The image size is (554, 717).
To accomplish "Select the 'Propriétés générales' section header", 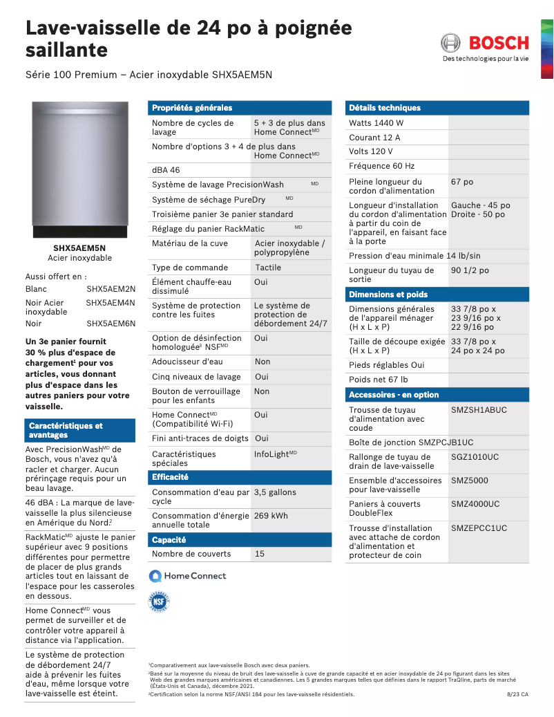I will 192,108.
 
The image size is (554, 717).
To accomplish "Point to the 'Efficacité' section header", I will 170,477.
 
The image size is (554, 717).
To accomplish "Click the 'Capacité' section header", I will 169,539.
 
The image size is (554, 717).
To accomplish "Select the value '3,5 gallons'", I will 275,492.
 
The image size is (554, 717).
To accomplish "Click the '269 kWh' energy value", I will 271,516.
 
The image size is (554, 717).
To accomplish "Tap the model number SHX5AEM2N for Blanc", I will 111,288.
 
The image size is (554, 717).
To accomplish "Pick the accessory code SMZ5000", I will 470,481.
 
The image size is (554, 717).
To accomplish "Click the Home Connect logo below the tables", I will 188,576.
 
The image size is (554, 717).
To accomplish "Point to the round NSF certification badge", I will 159,602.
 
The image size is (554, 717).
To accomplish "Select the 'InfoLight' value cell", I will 275,454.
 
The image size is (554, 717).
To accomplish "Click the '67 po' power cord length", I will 462,182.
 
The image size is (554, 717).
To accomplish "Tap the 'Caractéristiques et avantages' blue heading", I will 66,431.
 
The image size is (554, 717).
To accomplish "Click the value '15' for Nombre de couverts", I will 260,554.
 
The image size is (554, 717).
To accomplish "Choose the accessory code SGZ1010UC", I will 475,457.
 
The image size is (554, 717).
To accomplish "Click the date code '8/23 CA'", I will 517,694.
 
